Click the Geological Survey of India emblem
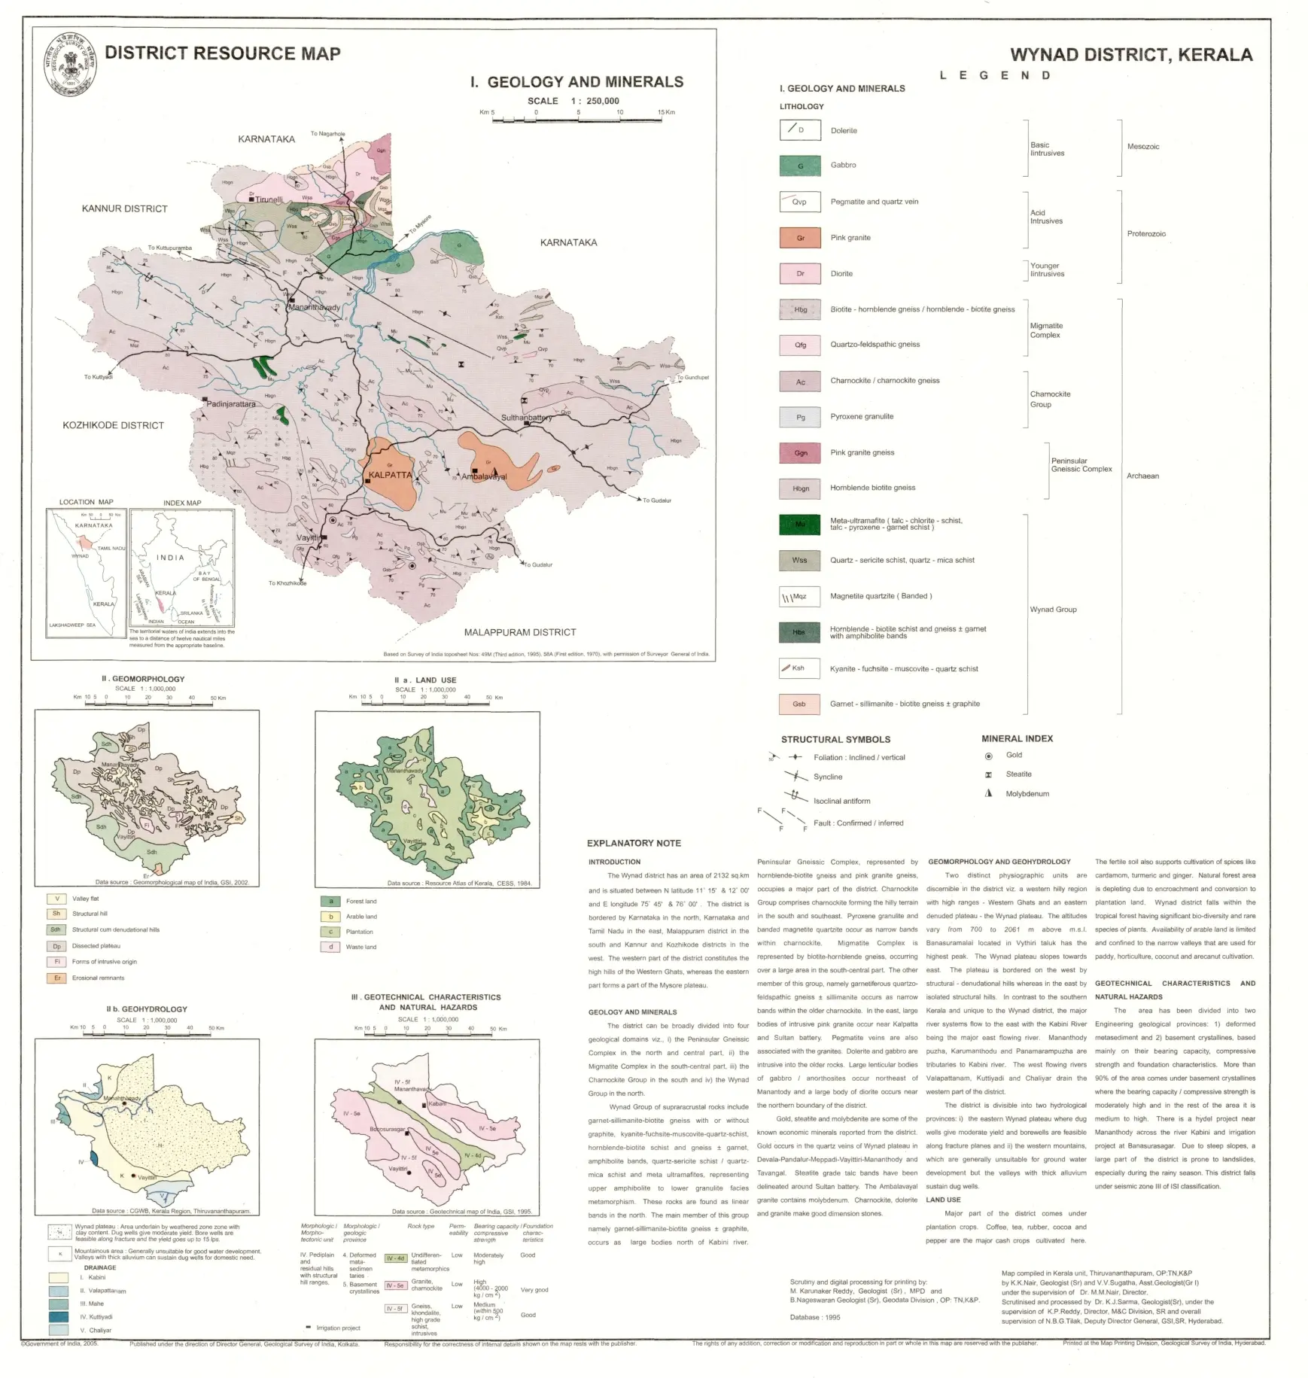tap(70, 65)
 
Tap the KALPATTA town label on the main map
tap(390, 475)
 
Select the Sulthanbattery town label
tap(526, 418)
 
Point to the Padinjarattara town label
tap(231, 404)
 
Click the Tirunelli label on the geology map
tap(269, 200)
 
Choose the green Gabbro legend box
tap(800, 166)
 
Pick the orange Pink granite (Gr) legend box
tap(800, 238)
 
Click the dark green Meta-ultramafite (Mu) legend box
tap(800, 524)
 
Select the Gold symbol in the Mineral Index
tap(988, 756)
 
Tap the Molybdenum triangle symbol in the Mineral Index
tap(989, 793)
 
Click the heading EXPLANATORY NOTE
tap(634, 843)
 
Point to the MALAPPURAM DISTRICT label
tap(519, 632)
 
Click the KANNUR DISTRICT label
tap(124, 208)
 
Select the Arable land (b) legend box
tap(330, 917)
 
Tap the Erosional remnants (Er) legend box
tap(56, 978)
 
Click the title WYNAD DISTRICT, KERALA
tap(1130, 55)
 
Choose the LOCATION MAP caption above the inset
tap(86, 502)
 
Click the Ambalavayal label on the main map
tap(484, 476)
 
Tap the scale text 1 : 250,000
tap(595, 101)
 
